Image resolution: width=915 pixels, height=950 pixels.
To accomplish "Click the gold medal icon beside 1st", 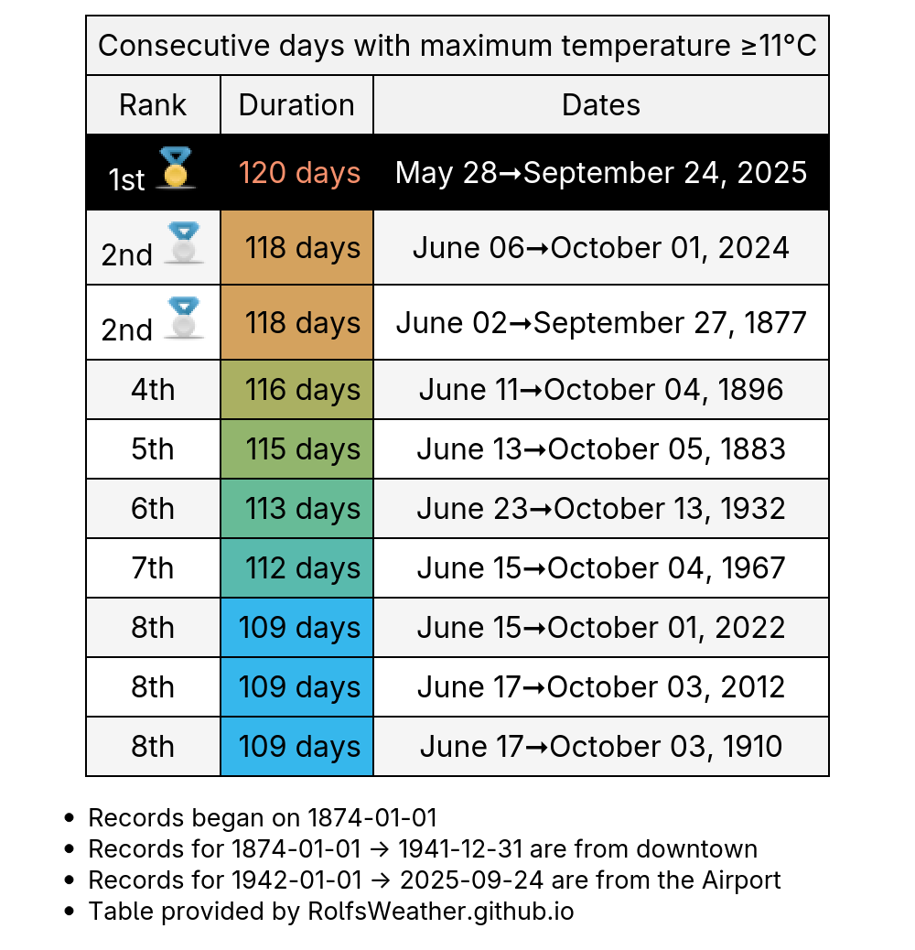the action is point(176,167).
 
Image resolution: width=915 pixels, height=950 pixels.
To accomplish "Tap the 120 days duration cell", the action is point(296,173).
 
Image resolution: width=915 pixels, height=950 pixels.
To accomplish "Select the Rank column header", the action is point(153,105).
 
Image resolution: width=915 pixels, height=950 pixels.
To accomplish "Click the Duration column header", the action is point(296,105).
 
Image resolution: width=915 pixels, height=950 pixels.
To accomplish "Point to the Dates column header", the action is point(601,105).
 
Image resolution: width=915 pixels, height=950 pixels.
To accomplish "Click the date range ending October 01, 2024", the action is point(601,248).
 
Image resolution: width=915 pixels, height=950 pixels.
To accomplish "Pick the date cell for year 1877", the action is point(601,323).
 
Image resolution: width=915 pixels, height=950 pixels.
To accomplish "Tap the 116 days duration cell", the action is point(296,390).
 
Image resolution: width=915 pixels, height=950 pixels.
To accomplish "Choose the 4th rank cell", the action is point(153,390).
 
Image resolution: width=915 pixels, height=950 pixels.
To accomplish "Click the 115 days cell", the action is point(296,449).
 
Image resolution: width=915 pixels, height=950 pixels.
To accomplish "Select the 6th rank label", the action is point(153,508).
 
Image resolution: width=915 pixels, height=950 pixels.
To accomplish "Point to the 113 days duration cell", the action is point(296,508).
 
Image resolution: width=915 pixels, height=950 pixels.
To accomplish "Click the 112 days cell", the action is point(296,567).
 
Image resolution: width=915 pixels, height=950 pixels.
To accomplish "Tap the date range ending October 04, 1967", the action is point(601,567).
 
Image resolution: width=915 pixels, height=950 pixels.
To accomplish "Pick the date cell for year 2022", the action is point(601,627).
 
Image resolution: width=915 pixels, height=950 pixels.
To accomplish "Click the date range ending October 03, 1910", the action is point(601,746).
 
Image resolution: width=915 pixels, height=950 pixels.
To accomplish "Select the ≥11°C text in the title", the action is point(779,46).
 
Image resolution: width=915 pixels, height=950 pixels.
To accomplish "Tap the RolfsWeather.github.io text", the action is point(441,912).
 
